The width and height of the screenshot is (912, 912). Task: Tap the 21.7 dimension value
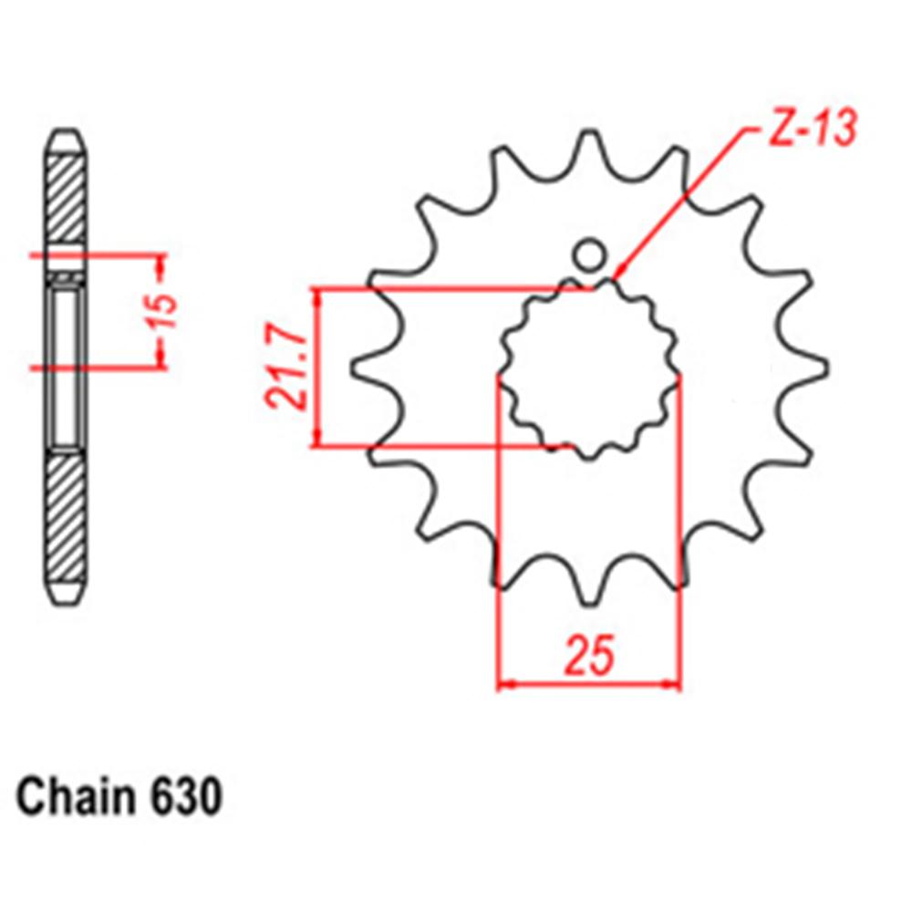point(284,368)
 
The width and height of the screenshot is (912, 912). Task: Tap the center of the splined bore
point(589,368)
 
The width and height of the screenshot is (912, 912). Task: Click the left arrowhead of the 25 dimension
point(505,682)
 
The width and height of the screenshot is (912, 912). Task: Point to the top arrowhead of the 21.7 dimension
point(317,297)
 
